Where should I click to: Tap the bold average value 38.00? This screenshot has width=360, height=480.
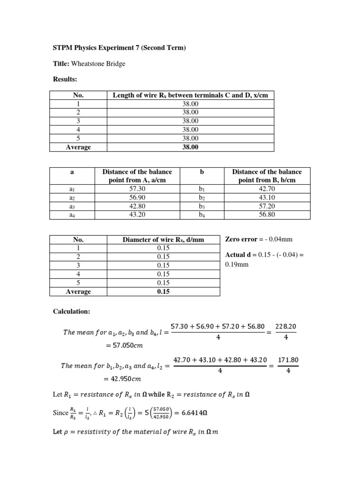click(x=191, y=147)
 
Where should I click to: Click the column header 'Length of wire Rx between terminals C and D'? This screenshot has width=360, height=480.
click(x=191, y=95)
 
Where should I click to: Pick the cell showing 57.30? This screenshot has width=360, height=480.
click(x=137, y=189)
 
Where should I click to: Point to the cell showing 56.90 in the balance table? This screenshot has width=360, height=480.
click(x=137, y=197)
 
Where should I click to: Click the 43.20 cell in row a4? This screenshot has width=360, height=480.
click(x=137, y=215)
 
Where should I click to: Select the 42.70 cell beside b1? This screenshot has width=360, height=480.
click(x=267, y=189)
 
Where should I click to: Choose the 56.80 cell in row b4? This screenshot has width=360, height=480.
click(x=267, y=215)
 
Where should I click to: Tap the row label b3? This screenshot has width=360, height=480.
click(x=202, y=206)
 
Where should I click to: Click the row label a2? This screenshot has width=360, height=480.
click(x=72, y=197)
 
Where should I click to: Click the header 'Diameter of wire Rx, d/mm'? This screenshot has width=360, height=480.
click(x=163, y=240)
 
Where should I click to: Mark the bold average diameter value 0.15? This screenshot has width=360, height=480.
click(x=163, y=291)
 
